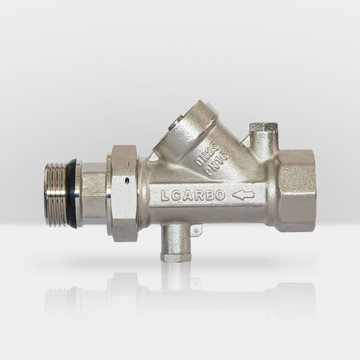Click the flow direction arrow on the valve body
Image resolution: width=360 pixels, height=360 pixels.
pos(243,195)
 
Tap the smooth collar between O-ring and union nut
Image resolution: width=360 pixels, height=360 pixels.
pos(92,193)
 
